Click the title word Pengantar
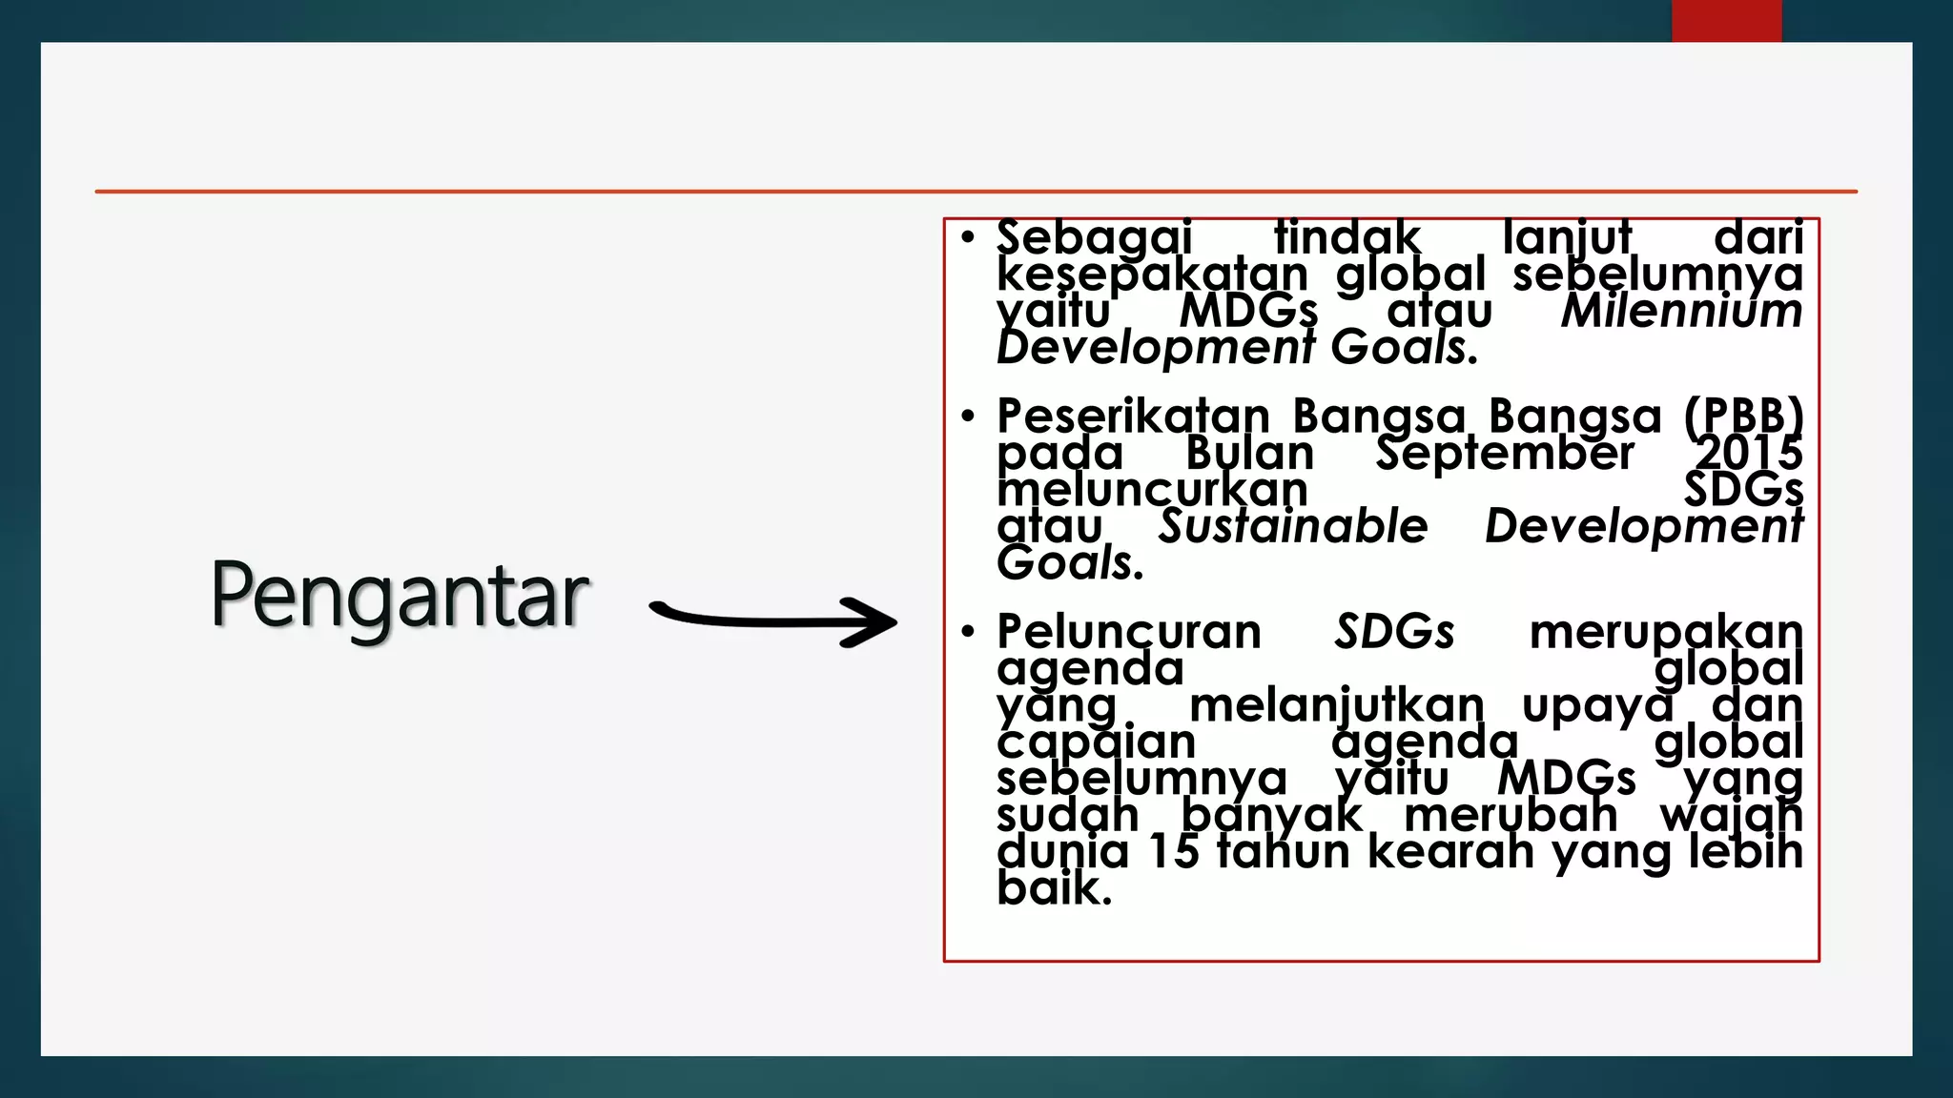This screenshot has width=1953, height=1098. click(x=400, y=597)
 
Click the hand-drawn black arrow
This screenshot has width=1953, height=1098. click(x=772, y=620)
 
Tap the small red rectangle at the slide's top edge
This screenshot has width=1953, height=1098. click(x=1726, y=20)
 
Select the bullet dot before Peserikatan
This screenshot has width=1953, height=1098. click(x=968, y=416)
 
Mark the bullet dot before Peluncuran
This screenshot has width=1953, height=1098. click(x=968, y=631)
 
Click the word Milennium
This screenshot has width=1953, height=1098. click(x=1681, y=311)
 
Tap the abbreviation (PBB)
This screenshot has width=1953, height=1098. click(x=1743, y=417)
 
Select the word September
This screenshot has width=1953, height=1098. click(x=1505, y=453)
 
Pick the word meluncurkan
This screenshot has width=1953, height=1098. click(x=1152, y=490)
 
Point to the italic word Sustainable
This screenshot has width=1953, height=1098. click(x=1293, y=526)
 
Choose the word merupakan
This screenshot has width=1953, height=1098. click(x=1666, y=632)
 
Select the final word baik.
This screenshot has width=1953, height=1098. click(x=1053, y=888)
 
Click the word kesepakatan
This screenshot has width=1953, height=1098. click(x=1152, y=274)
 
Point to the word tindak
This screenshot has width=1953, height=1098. click(x=1347, y=237)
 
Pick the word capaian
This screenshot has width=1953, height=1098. click(x=1096, y=742)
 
